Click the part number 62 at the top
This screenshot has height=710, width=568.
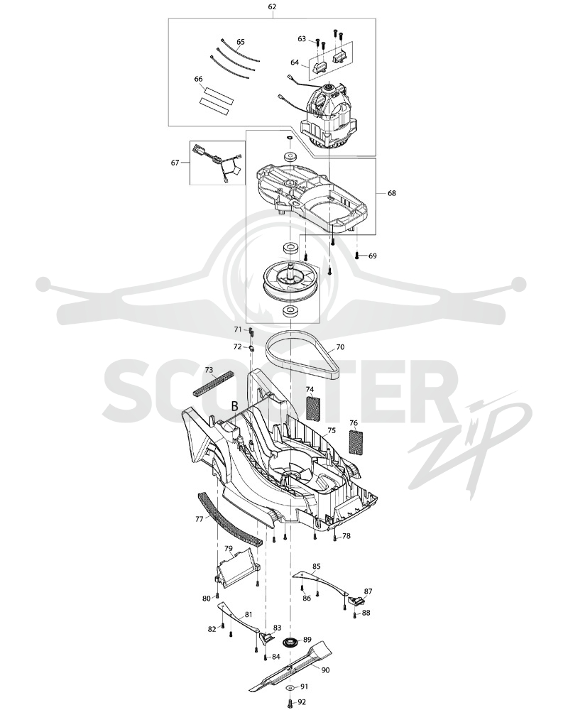coord(272,7)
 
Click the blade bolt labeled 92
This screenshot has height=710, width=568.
coord(289,703)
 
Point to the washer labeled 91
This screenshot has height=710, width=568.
coord(289,687)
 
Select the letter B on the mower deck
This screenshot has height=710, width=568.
coord(234,406)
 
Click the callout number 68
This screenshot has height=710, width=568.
coord(392,193)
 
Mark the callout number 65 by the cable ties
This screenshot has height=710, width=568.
coord(240,42)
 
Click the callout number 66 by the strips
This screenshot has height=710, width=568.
coord(198,80)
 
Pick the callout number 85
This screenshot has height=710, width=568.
coord(317,567)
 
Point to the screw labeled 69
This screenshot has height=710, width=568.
coord(357,256)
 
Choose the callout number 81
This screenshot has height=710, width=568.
coord(248,614)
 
